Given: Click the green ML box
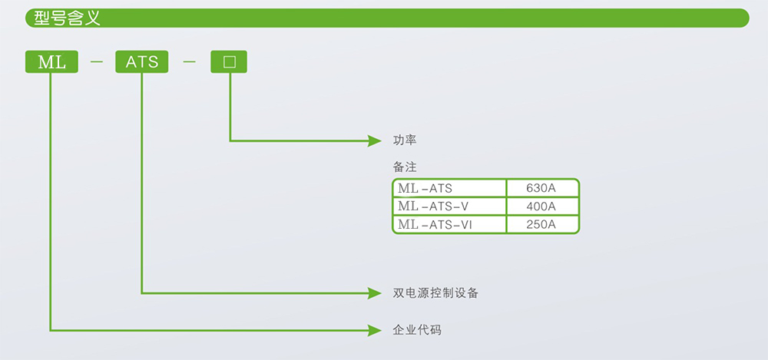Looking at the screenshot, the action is pyautogui.click(x=51, y=61).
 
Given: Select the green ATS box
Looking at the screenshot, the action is pyautogui.click(x=141, y=61).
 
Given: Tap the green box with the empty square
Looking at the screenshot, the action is pyautogui.click(x=229, y=61).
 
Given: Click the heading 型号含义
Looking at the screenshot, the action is pyautogui.click(x=67, y=18).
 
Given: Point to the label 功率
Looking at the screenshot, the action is pyautogui.click(x=405, y=140).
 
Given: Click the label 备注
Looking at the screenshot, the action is pyautogui.click(x=405, y=167).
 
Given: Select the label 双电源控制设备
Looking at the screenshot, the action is pyautogui.click(x=435, y=293).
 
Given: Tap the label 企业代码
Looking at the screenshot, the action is pyautogui.click(x=417, y=330).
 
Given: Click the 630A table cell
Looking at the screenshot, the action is pyautogui.click(x=542, y=188).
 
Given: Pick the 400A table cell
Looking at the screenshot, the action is pyautogui.click(x=542, y=206).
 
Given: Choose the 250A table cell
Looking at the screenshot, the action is pyautogui.click(x=542, y=224).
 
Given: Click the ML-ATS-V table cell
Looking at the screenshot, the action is pyautogui.click(x=449, y=206).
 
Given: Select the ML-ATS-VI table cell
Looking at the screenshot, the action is pyautogui.click(x=449, y=224).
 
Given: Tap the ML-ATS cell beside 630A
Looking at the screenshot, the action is pyautogui.click(x=449, y=188).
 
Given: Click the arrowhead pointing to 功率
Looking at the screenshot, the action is pyautogui.click(x=375, y=141).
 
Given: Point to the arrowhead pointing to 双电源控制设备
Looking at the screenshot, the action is pyautogui.click(x=375, y=293).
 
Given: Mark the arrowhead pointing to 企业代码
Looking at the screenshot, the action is pyautogui.click(x=375, y=331).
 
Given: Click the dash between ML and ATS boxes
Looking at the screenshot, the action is pyautogui.click(x=97, y=62).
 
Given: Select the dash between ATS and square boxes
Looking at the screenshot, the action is pyautogui.click(x=189, y=62).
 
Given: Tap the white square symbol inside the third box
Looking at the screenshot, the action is pyautogui.click(x=229, y=62).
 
